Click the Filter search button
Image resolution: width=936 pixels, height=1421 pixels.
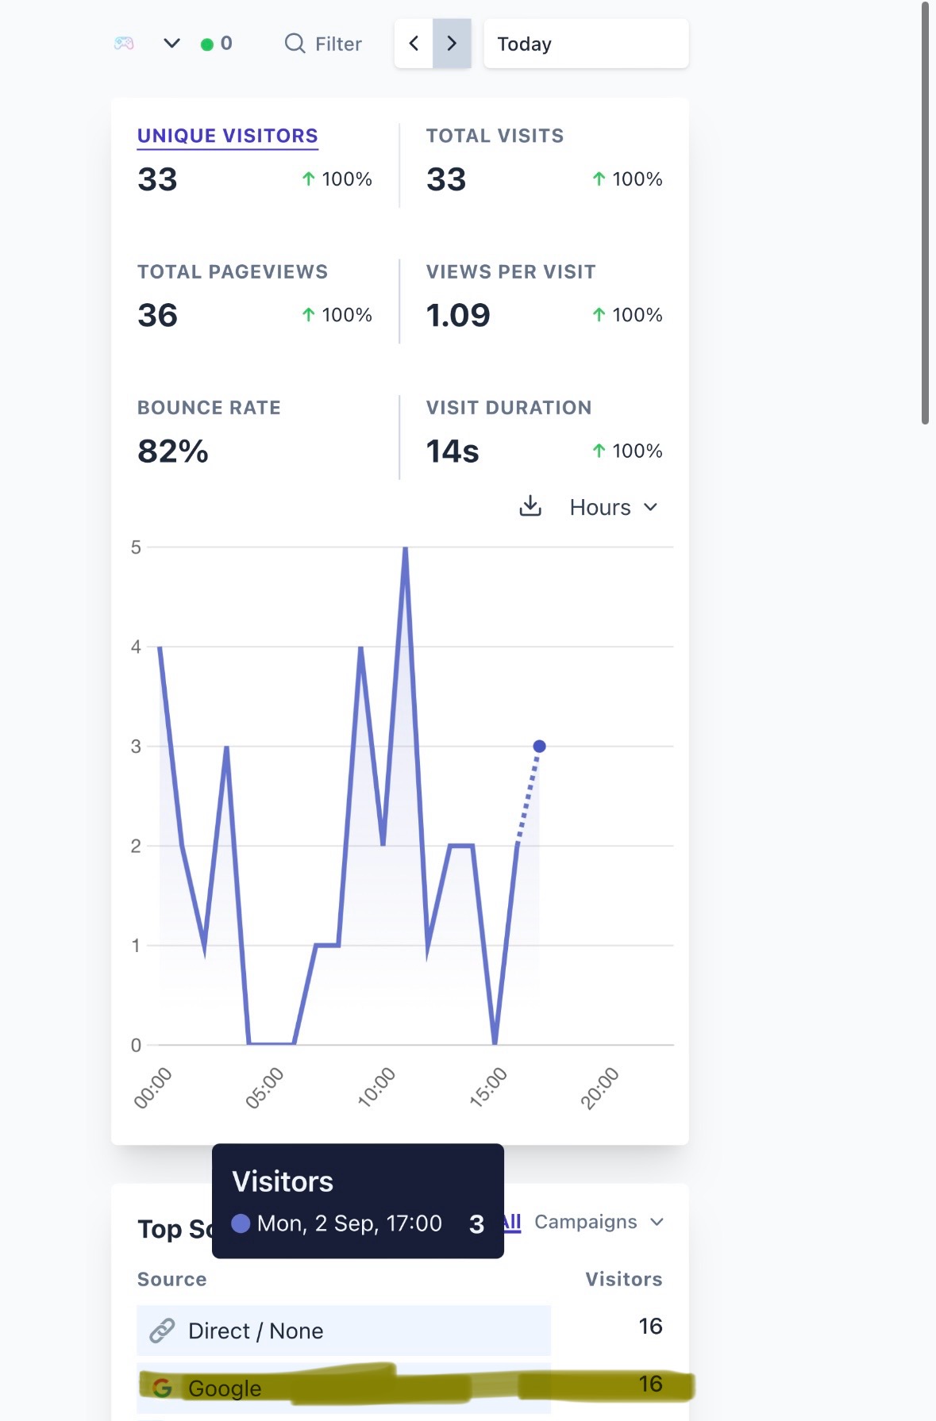click(x=323, y=44)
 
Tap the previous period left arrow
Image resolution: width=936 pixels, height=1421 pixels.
click(x=414, y=44)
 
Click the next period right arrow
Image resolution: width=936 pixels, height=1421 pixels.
click(x=452, y=44)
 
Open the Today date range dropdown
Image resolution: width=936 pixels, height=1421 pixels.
click(x=586, y=44)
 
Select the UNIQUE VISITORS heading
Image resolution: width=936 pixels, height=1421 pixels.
click(x=228, y=136)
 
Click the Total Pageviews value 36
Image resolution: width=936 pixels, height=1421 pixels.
click(x=157, y=315)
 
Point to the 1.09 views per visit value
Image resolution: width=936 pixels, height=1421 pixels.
click(x=458, y=315)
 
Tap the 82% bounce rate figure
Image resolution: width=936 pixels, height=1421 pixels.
click(x=173, y=451)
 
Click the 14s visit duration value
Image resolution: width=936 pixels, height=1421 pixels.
click(x=453, y=451)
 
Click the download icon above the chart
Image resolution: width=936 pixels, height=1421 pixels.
click(x=530, y=506)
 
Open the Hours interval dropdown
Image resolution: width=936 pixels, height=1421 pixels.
click(x=614, y=507)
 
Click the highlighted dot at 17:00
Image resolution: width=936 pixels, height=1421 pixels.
click(x=539, y=746)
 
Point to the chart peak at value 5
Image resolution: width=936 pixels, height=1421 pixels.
click(x=405, y=549)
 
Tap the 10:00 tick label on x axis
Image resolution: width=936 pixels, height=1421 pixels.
click(x=376, y=1087)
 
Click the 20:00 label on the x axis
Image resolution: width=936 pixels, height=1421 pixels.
click(x=599, y=1087)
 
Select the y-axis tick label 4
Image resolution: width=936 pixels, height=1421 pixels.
click(x=136, y=647)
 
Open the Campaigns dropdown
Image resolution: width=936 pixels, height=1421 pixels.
click(x=599, y=1222)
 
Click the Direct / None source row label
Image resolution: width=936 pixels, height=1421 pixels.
click(x=256, y=1331)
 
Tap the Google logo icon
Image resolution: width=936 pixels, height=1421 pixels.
click(x=162, y=1388)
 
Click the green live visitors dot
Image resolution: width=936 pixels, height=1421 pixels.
click(x=207, y=44)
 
